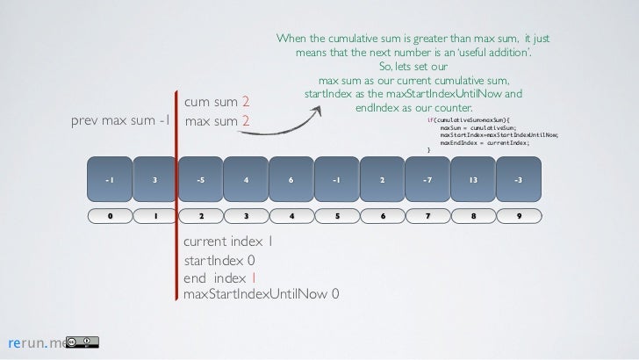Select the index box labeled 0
pos(110,216)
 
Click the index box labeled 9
pos(519,216)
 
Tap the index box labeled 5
pos(337,216)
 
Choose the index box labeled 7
pos(427,216)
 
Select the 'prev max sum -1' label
pos(119,121)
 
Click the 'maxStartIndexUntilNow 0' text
pos(262,292)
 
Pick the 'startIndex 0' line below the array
pos(219,260)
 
